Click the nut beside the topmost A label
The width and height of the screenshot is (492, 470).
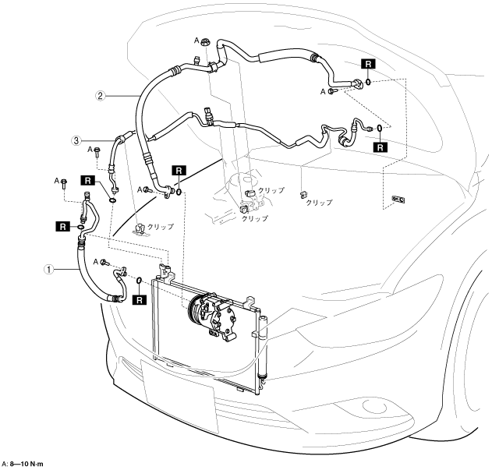[x=205, y=43]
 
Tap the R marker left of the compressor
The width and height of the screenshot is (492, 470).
[x=140, y=297]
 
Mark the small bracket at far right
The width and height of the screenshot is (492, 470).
[x=398, y=200]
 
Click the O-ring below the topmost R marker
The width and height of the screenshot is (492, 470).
[x=366, y=80]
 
